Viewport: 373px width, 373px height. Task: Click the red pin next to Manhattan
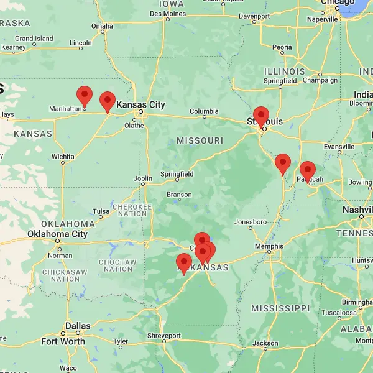(x=84, y=97)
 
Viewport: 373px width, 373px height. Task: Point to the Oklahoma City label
(x=57, y=234)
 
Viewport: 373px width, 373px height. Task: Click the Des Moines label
(x=167, y=13)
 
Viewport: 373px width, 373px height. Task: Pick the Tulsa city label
(x=101, y=211)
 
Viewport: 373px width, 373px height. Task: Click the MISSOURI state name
(x=200, y=140)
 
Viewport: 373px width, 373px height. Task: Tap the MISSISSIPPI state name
(x=280, y=308)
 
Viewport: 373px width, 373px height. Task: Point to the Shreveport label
(x=165, y=336)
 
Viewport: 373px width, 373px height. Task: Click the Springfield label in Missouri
(x=177, y=173)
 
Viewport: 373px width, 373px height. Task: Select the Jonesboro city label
(x=251, y=222)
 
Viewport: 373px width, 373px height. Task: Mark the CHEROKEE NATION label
(x=131, y=210)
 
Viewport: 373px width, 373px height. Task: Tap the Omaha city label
(x=103, y=26)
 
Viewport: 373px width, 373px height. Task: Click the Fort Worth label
(x=63, y=341)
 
